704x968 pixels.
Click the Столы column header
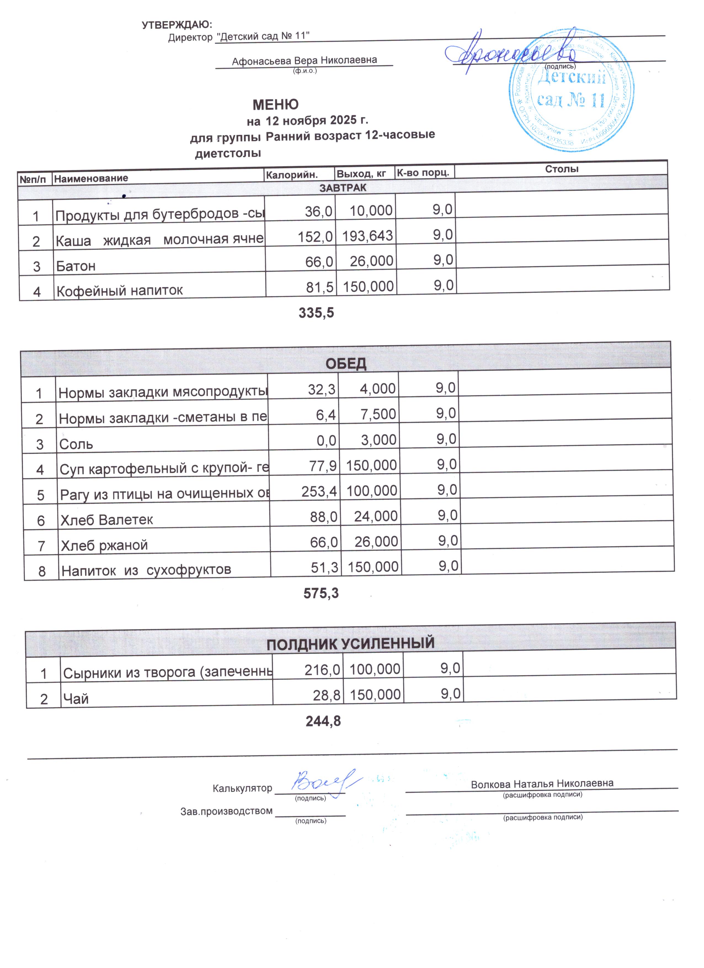tap(561, 169)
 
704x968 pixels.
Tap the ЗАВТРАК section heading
tap(343, 188)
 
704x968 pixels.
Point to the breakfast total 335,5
tap(316, 313)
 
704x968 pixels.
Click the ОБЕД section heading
tap(346, 364)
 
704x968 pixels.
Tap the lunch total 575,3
tap(321, 593)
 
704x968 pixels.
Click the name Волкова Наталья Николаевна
tap(542, 784)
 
